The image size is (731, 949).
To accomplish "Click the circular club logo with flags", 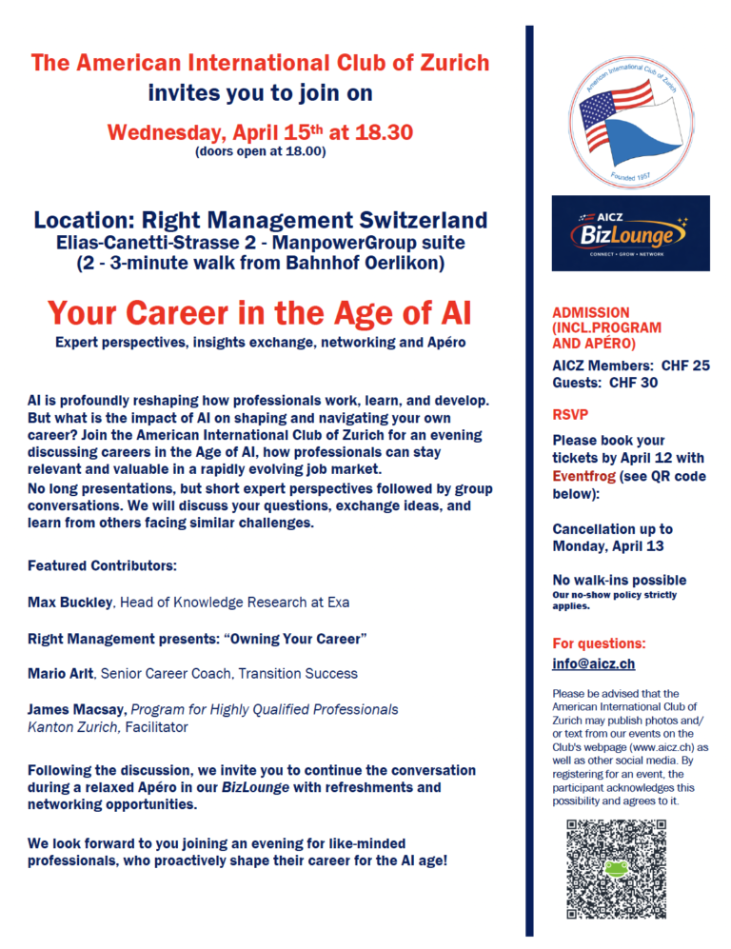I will pos(630,109).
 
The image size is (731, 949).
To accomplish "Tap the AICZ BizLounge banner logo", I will pos(630,233).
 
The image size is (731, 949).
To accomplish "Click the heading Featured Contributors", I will pos(102,566).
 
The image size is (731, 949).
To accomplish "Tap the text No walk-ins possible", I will pos(619,580).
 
